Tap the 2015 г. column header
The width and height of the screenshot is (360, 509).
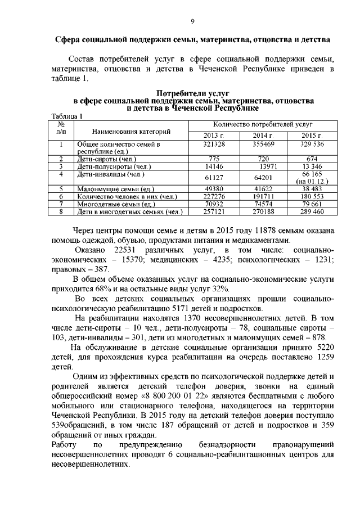pos(311,136)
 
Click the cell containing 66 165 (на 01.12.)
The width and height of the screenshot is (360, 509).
pos(311,178)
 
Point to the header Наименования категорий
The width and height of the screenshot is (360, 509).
pos(131,132)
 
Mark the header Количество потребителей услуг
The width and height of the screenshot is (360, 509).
pos(263,124)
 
